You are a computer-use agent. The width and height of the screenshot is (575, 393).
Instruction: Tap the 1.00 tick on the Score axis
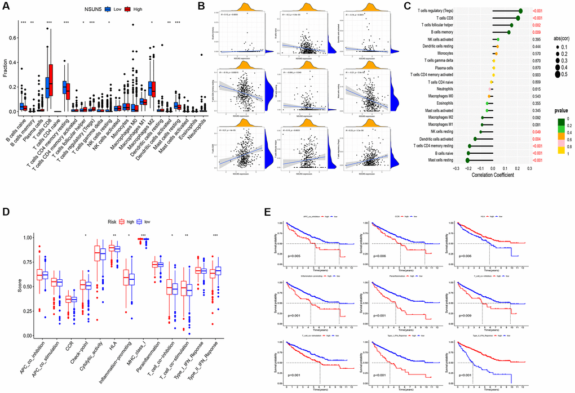[19, 238]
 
